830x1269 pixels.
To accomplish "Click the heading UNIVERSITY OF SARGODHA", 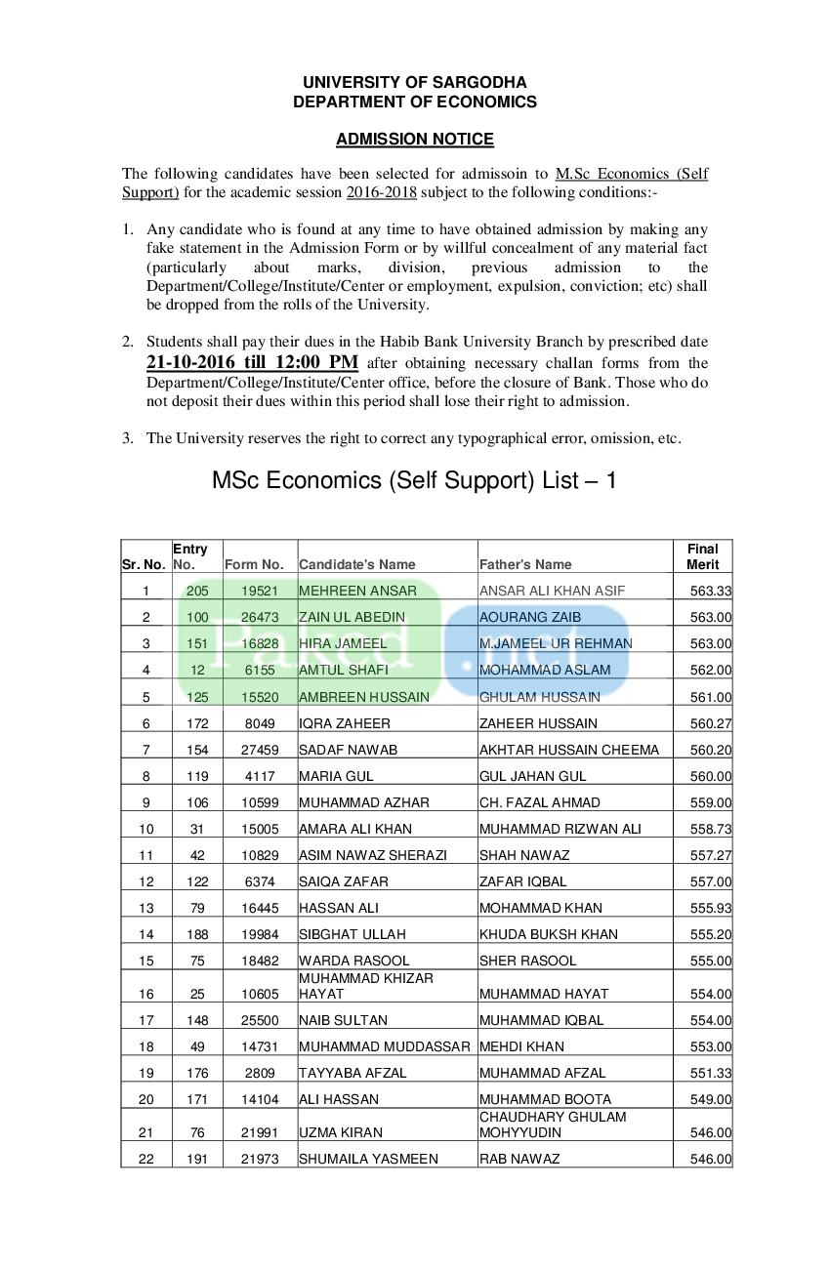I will tap(415, 83).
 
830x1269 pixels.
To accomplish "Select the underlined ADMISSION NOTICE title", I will tap(415, 140).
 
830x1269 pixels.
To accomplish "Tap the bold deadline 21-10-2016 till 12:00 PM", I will tap(252, 362).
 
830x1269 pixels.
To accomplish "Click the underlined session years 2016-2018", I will tap(381, 192).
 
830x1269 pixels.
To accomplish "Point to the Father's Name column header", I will tap(525, 564).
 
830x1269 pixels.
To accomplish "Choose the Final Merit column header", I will tap(702, 556).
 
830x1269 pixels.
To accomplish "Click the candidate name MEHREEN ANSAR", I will tap(357, 591).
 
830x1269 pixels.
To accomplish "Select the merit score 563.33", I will tap(711, 591).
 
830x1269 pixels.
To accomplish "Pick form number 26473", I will tap(260, 617).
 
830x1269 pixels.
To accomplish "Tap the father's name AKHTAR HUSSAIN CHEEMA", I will tap(569, 750).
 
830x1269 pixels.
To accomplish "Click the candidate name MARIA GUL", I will tap(336, 776).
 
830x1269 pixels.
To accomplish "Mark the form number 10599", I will tap(260, 802).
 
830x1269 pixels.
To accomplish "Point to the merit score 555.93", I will tap(711, 908).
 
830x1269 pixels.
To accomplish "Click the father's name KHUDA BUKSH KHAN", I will tap(549, 934).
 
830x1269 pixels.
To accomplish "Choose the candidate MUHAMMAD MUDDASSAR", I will tap(385, 1046).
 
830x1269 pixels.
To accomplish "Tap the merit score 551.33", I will tap(711, 1073).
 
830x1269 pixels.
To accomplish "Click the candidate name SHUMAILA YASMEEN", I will tap(368, 1159).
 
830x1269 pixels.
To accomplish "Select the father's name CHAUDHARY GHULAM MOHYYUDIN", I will tap(553, 1125).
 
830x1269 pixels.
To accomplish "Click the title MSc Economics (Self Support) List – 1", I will tap(414, 480).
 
